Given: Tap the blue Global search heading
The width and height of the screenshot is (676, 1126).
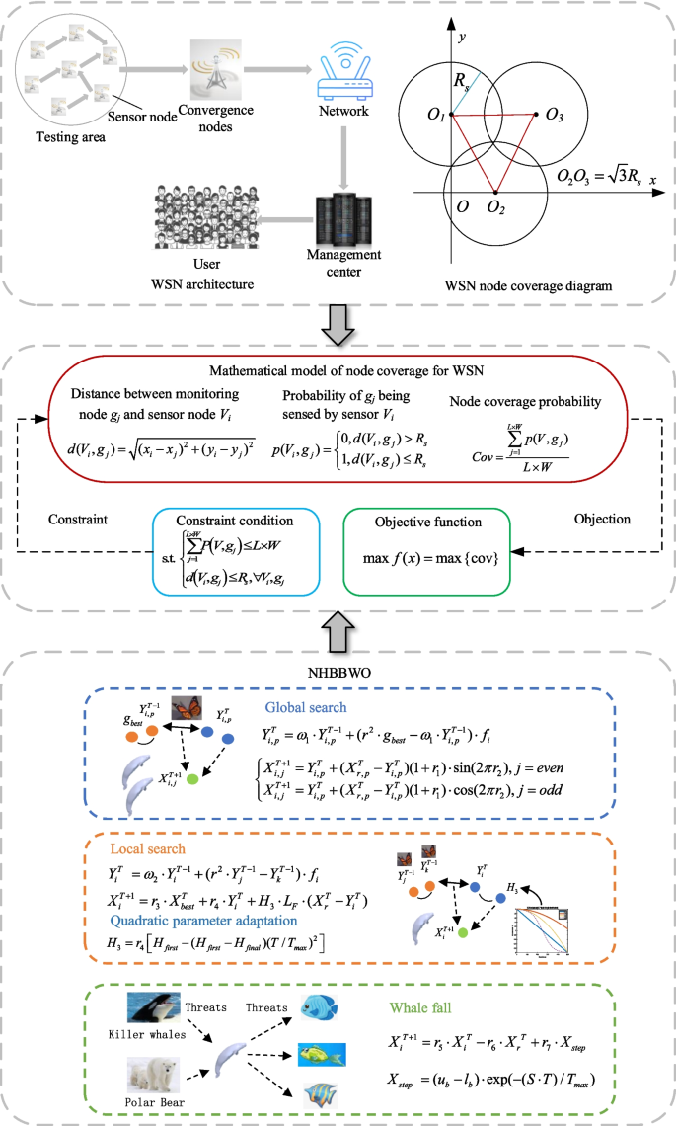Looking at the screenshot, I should click(x=305, y=707).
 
